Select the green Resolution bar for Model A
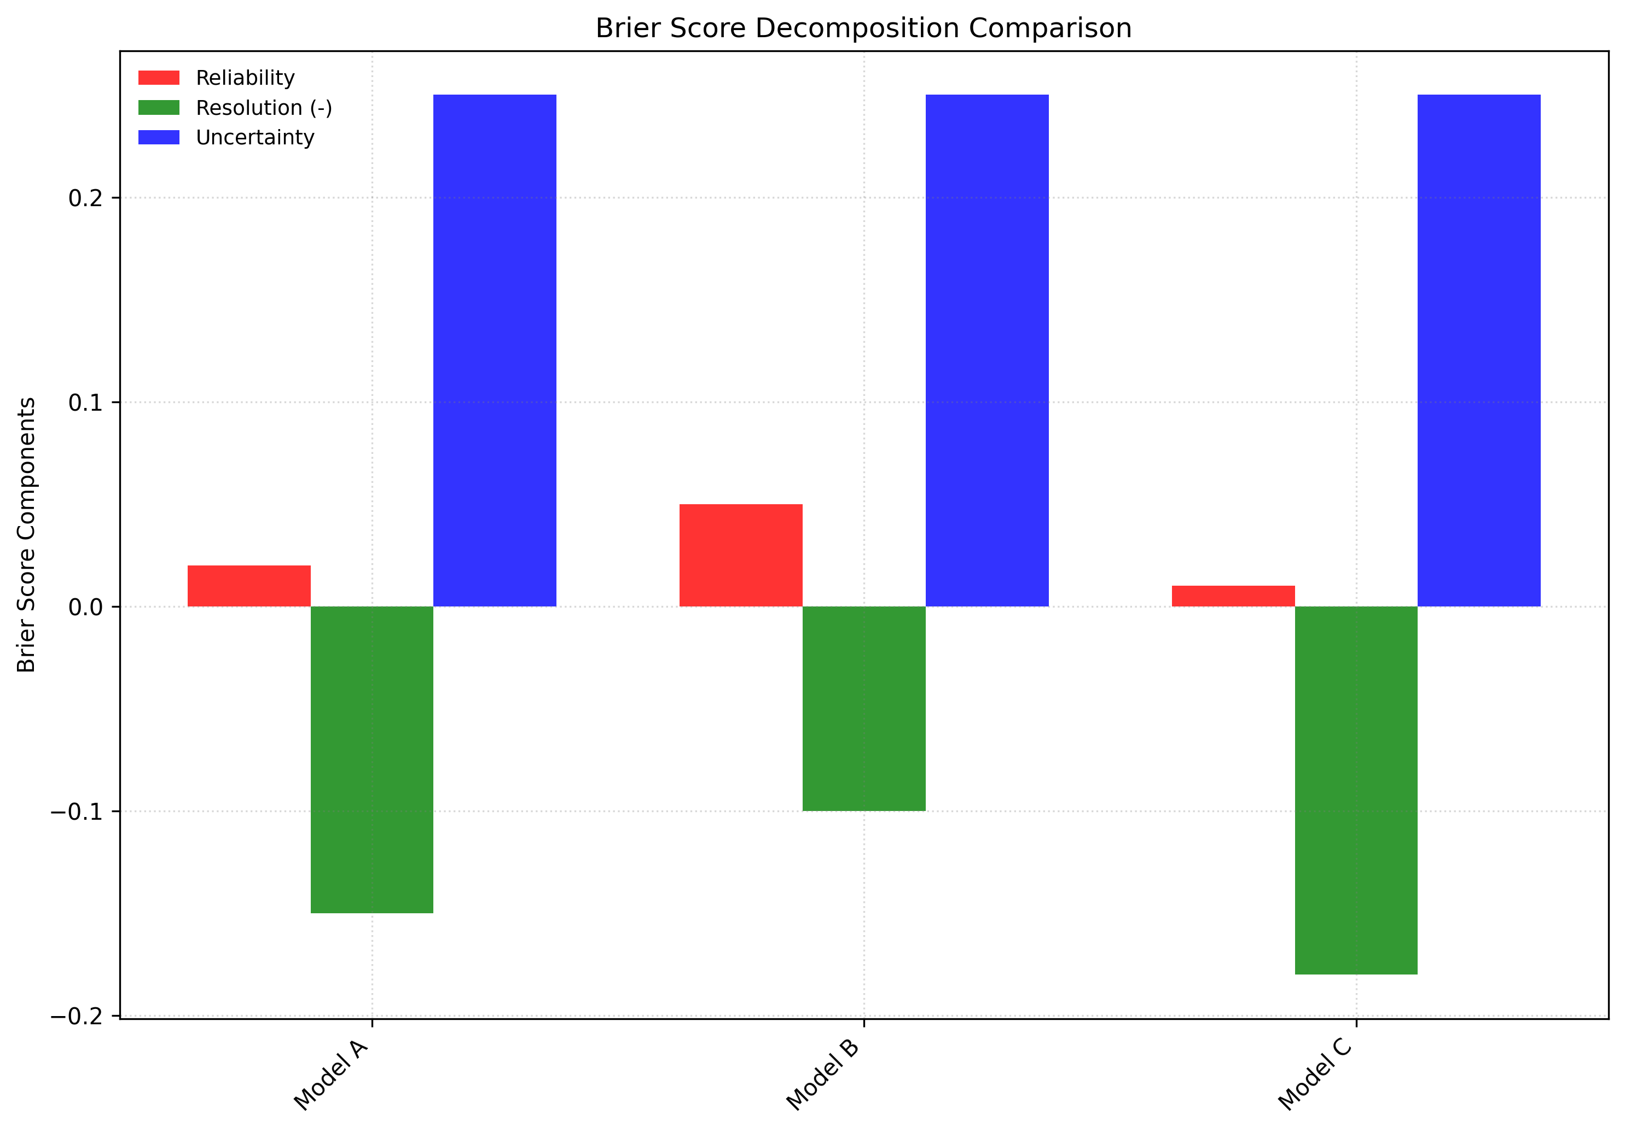pyautogui.click(x=372, y=759)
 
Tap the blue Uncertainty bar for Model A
pyautogui.click(x=495, y=350)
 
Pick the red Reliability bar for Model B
pyautogui.click(x=741, y=556)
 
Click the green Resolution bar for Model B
pyautogui.click(x=863, y=708)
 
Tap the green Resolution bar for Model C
pyautogui.click(x=1356, y=790)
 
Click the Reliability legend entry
pyautogui.click(x=245, y=78)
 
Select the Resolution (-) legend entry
pyautogui.click(x=263, y=108)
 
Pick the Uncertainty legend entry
pyautogui.click(x=255, y=137)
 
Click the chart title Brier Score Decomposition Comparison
pyautogui.click(x=863, y=28)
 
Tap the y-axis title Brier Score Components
pyautogui.click(x=27, y=535)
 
